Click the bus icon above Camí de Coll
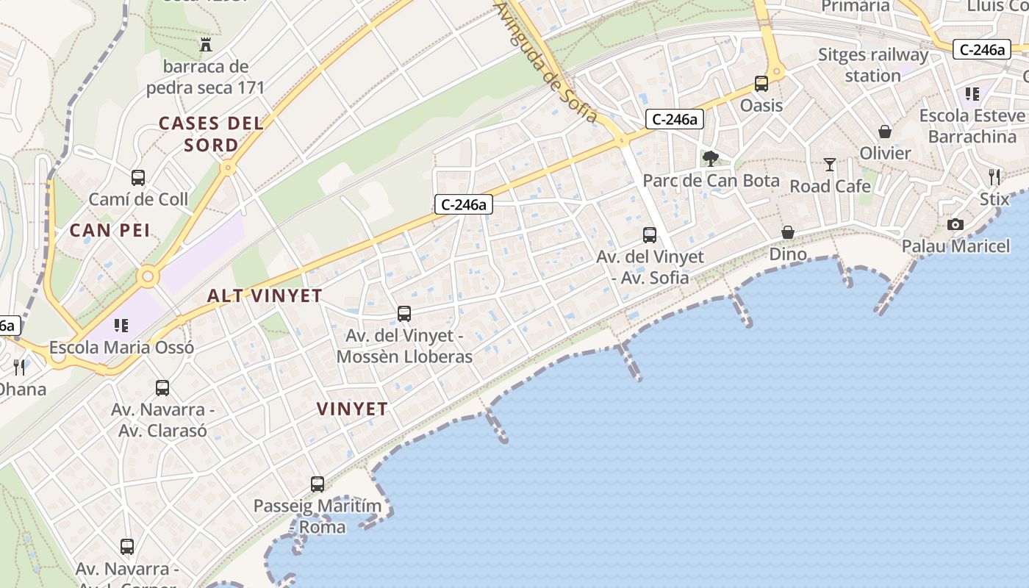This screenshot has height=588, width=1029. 138,178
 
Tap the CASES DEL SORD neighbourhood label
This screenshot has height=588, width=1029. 211,134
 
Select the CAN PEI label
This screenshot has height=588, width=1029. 110,231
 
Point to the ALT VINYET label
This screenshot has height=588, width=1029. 265,295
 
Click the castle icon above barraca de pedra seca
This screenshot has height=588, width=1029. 206,45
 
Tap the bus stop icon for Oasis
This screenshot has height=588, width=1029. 761,84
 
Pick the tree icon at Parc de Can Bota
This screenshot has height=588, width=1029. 711,158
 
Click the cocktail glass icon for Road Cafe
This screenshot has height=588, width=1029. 830,165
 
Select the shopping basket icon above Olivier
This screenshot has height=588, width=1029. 885,132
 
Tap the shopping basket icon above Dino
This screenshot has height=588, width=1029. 788,232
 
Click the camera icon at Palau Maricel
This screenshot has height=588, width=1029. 955,224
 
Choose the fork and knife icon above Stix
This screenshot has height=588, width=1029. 994,176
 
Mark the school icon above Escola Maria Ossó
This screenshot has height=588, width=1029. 121,325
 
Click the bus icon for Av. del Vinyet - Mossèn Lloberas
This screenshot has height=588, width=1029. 404,314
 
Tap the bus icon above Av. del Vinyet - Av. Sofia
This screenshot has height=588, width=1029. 650,235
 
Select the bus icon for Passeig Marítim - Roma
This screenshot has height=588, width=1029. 318,484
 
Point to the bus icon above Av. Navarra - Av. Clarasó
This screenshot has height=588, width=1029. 162,387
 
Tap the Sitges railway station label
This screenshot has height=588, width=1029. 873,65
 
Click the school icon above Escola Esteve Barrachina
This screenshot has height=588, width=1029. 972,94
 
